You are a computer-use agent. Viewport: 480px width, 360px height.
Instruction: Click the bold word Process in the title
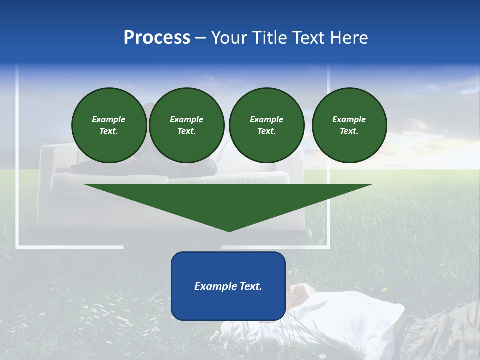pos(157,38)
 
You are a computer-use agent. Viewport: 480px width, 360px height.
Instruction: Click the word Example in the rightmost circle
pos(349,119)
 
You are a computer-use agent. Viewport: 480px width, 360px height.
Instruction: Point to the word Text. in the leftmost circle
pos(109,131)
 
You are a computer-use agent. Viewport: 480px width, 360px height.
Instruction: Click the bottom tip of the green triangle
pos(229,231)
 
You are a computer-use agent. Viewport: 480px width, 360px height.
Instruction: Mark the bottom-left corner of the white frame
pos(17,247)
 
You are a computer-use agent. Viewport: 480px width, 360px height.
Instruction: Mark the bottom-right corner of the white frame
pos(329,247)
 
